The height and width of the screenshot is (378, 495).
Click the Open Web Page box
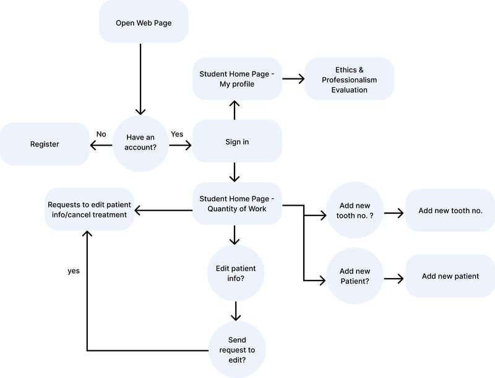144,22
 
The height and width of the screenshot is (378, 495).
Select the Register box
45,144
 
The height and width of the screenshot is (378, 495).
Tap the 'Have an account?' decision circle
140,143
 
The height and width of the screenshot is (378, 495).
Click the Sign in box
237,141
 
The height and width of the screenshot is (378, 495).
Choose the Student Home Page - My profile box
237,79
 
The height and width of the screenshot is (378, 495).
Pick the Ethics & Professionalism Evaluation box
349,79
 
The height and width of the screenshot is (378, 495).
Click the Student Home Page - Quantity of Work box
237,203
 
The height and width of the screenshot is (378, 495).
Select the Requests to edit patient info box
89,209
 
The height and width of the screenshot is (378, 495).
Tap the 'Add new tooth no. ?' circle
355,210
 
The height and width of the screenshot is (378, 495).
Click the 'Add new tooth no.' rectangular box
450,211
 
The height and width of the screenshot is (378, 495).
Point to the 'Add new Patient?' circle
355,276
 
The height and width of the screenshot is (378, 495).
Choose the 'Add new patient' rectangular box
450,276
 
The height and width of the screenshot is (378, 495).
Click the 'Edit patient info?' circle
236,273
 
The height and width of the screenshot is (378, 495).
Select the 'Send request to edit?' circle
237,350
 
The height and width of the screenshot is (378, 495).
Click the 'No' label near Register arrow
101,134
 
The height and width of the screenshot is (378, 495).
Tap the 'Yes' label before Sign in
177,134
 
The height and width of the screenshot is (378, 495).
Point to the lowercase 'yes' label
74,271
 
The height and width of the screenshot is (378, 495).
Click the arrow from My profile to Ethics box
293,79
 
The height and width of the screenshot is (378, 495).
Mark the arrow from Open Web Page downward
140,80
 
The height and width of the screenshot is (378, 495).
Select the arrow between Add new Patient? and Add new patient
394,279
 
